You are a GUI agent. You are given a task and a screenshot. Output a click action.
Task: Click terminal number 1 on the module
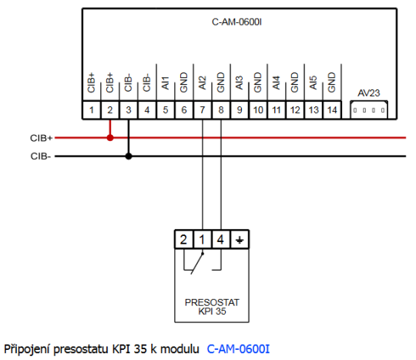(x=92, y=110)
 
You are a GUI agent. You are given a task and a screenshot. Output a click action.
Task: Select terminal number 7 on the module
(x=203, y=110)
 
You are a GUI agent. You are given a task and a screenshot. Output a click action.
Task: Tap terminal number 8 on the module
(x=221, y=110)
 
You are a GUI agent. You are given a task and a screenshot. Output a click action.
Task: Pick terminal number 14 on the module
(x=332, y=110)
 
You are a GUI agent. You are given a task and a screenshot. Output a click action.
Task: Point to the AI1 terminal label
(x=165, y=82)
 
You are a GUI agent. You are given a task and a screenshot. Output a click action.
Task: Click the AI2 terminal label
(x=202, y=82)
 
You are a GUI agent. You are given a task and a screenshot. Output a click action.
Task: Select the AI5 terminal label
(x=313, y=82)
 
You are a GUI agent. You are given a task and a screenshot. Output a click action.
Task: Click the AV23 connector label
(x=370, y=93)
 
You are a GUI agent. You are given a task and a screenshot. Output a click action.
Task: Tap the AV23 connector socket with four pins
(x=370, y=109)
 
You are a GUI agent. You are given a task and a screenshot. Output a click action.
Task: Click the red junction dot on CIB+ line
(x=110, y=138)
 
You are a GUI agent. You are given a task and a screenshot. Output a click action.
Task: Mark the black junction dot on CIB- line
(x=129, y=156)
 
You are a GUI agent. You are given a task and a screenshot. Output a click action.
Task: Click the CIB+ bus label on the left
(x=42, y=138)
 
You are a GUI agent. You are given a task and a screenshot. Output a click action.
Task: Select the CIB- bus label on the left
(x=41, y=156)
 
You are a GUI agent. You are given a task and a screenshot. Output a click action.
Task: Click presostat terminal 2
(x=183, y=239)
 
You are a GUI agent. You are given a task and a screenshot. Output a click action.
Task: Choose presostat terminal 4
(x=221, y=239)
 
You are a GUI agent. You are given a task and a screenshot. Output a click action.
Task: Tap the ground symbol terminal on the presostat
(x=240, y=239)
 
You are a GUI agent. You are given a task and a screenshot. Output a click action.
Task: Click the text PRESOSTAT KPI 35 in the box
(x=211, y=307)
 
